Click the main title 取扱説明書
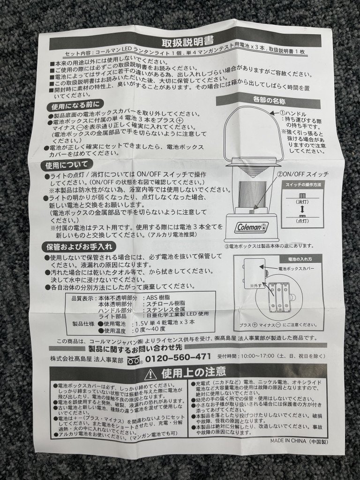point(187,40)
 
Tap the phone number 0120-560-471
point(178,357)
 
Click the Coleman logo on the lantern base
point(252,227)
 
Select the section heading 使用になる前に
point(75,106)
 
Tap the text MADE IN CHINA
point(288,441)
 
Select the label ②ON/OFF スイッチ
point(303,174)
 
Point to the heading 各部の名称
point(270,100)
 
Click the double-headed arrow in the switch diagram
point(302,210)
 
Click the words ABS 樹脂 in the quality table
point(158,298)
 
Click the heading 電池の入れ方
point(300,259)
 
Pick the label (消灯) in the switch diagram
point(302,202)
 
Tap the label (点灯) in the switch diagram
point(302,221)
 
